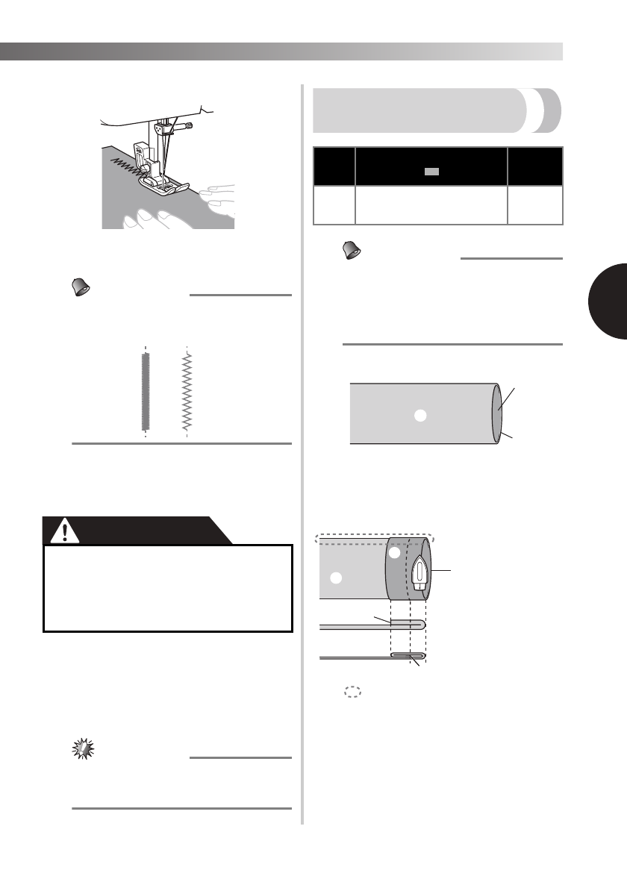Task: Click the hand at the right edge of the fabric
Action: coord(219,196)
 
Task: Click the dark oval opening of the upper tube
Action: coord(496,414)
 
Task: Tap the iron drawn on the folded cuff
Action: coord(420,573)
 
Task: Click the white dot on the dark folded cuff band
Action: coord(394,554)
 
